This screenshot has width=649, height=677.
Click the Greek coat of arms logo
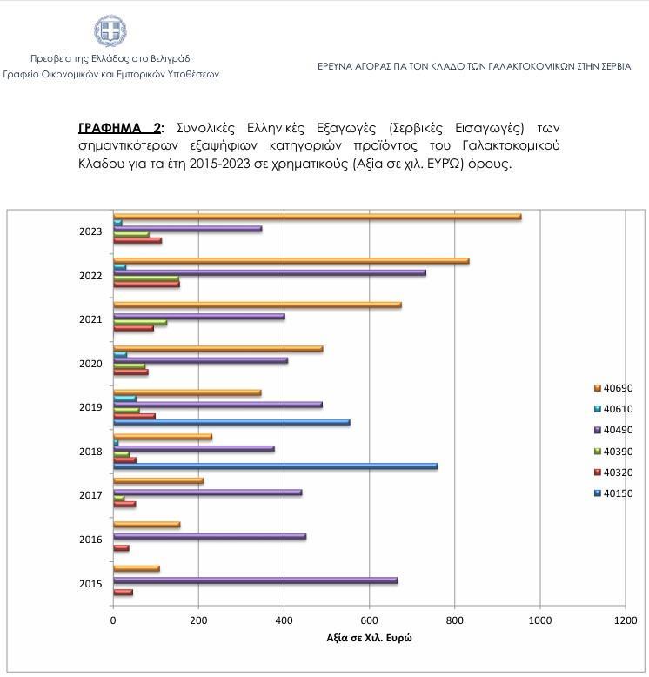coord(110,30)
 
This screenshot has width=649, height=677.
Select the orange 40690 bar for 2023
coord(317,217)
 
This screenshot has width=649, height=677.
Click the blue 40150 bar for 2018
coord(275,466)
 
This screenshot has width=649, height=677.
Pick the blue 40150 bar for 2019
coord(231,422)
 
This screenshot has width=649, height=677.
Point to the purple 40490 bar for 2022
coord(270,272)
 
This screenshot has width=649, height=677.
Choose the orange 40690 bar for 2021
coord(258,305)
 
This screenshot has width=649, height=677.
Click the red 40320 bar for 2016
coord(122,547)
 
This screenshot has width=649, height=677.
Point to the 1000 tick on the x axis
coord(540,620)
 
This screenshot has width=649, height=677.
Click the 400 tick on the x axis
coord(284,620)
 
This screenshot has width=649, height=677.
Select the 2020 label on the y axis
coord(90,363)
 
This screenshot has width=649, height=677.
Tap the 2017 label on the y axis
coord(90,495)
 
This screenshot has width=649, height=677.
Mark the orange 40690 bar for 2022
coord(291,261)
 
